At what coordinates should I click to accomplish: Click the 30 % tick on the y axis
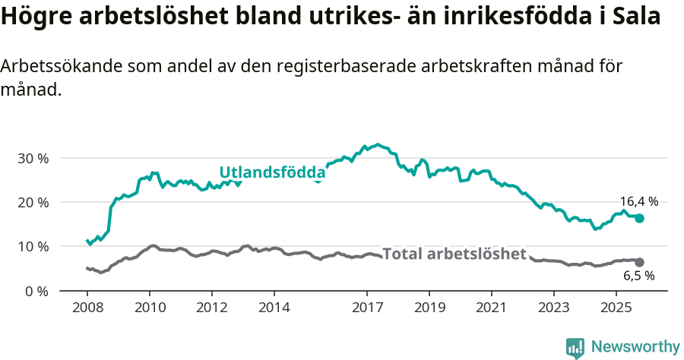tap(32, 158)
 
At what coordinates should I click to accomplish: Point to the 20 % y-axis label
tap(32, 202)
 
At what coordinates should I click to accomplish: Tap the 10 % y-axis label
tap(32, 246)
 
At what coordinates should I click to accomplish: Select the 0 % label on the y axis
tap(35, 291)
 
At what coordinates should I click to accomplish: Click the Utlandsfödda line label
tap(272, 172)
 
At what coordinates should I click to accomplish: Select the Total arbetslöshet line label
tap(454, 254)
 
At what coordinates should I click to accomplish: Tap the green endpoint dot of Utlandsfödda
tap(639, 218)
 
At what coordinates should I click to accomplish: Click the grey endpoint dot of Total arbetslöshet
tap(639, 262)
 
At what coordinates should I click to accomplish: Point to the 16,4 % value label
tap(638, 201)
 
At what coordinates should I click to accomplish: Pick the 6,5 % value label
tap(638, 276)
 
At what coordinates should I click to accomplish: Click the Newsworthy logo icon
tap(575, 348)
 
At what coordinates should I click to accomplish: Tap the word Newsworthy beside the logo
tap(635, 347)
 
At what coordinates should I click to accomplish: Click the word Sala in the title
tap(635, 17)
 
